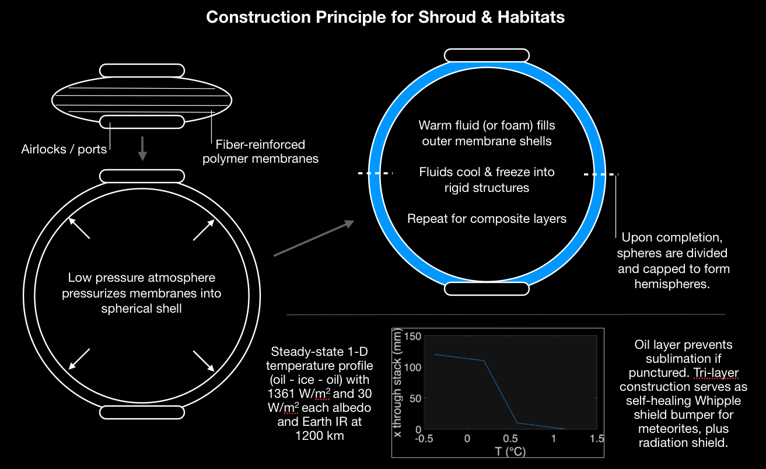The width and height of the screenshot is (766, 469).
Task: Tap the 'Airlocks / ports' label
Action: click(x=64, y=149)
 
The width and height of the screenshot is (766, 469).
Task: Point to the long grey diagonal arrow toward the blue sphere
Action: click(x=314, y=238)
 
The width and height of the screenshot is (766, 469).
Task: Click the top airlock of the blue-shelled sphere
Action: click(x=487, y=55)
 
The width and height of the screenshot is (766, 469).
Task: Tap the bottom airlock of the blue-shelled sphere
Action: click(x=487, y=289)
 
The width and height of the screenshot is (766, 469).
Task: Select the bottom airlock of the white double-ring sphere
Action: click(x=142, y=412)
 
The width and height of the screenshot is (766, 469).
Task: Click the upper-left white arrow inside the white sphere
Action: click(x=79, y=228)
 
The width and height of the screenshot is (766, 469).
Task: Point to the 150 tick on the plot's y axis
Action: click(x=411, y=337)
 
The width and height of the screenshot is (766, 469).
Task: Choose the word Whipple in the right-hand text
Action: click(x=715, y=401)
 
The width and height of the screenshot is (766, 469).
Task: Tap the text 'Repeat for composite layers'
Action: click(x=487, y=219)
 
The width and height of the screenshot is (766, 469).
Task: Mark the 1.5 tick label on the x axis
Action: click(x=596, y=439)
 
